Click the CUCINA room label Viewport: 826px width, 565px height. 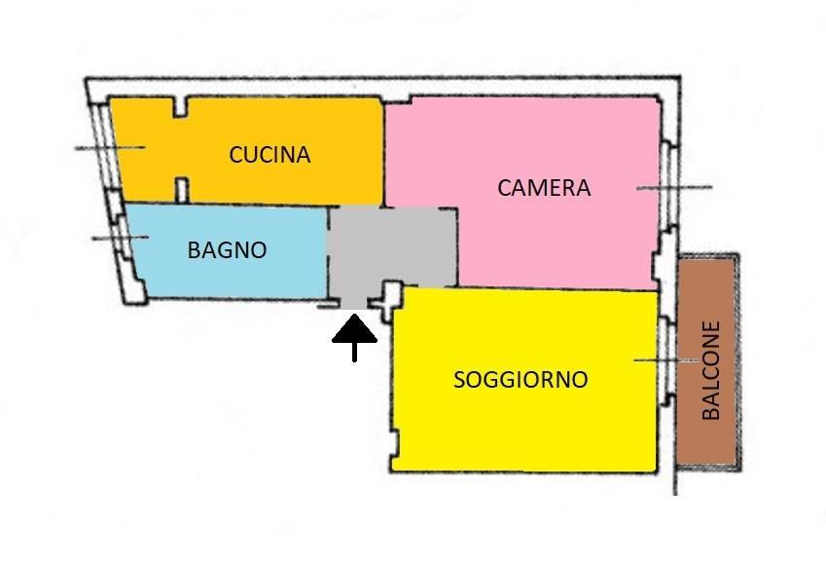269,155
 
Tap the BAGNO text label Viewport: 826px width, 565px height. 227,250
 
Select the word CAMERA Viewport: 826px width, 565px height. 544,188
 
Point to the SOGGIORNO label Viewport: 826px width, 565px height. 521,380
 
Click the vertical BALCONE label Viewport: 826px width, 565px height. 711,370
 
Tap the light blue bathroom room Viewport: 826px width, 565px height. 227,251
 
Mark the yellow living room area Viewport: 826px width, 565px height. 524,380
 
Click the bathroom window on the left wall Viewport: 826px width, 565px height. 125,238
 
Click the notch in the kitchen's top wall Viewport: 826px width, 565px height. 181,107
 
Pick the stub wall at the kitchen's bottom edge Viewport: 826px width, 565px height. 181,191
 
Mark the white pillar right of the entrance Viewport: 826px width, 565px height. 391,301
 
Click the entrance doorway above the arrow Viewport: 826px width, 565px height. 354,304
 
